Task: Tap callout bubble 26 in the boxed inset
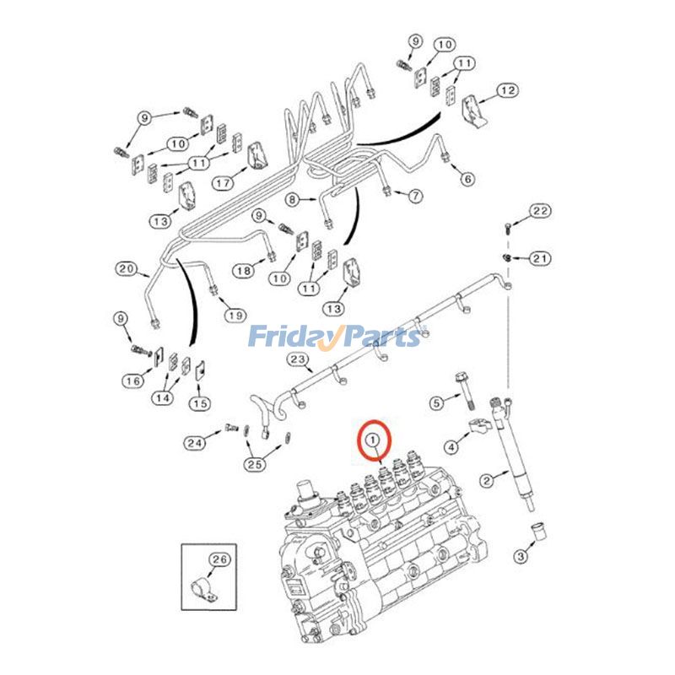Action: (219, 558)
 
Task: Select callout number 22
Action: (540, 210)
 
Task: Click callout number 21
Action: (540, 257)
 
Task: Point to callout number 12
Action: (506, 89)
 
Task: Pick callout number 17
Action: (223, 182)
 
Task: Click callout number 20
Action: (127, 269)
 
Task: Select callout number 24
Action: (196, 441)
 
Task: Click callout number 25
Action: (255, 463)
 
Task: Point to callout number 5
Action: (436, 402)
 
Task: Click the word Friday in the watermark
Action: (287, 337)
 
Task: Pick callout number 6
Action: (467, 178)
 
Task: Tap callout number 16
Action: (132, 381)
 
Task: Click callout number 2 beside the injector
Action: (486, 481)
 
